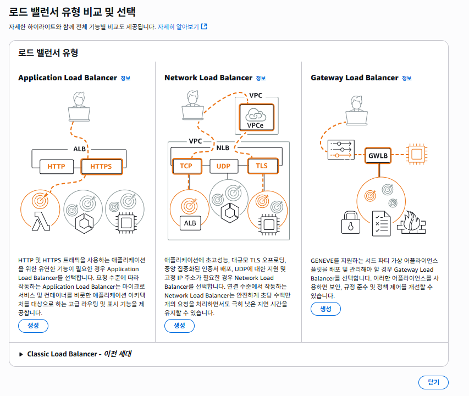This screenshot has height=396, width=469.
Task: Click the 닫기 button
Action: coord(433,382)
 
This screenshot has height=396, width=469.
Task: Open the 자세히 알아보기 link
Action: coord(182,26)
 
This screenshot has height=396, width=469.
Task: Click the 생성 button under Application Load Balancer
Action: coord(33,326)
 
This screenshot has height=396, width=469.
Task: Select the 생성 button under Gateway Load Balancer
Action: coord(325,309)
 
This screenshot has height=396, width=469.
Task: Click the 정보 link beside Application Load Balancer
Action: coord(125,78)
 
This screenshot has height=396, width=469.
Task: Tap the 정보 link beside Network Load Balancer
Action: coord(261,78)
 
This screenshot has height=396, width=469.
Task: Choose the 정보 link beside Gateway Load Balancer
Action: coord(406,78)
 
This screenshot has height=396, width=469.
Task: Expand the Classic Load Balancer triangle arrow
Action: coord(21,354)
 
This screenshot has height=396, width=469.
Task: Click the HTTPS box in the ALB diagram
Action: coord(101,166)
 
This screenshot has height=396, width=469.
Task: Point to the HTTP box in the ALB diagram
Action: coord(56,166)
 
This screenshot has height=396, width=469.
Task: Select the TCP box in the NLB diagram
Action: coord(186,166)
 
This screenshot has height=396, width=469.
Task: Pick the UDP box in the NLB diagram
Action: coord(223,166)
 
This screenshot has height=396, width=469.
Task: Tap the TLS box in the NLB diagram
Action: coord(261,166)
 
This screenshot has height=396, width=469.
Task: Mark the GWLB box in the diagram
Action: coord(378,156)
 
